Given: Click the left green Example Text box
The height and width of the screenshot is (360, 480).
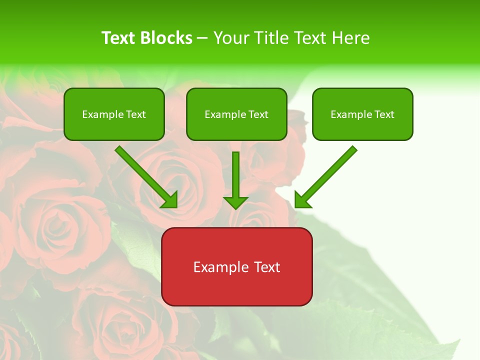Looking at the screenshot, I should [x=114, y=114].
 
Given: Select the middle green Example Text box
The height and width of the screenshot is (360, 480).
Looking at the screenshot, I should [x=236, y=114].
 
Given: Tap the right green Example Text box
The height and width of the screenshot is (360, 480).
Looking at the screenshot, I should [x=362, y=114].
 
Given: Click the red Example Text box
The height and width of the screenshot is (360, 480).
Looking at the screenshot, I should [x=236, y=266].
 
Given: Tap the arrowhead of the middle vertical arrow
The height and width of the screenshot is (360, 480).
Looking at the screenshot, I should [x=235, y=202].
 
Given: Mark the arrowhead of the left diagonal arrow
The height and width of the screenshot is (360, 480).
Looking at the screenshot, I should [x=170, y=200].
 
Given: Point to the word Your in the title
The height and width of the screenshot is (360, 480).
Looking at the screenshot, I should [x=229, y=38].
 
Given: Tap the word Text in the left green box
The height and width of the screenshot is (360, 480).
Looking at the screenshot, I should [x=135, y=114].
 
